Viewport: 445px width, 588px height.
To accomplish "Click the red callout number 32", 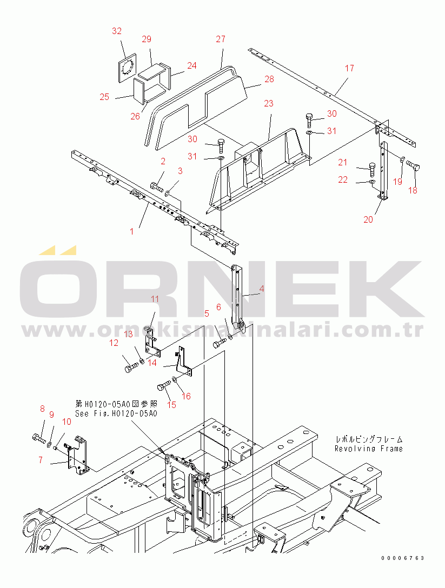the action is click(117, 31).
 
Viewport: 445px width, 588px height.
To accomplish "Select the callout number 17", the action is click(349, 68).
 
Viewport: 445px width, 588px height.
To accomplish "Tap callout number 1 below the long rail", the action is click(132, 231).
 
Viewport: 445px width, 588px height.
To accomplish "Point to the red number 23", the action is click(268, 103).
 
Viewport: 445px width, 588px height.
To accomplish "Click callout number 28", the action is click(269, 79).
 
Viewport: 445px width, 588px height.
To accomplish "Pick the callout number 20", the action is click(368, 219).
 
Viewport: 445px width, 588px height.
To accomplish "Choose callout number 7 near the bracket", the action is click(41, 460).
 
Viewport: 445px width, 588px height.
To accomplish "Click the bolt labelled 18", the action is click(413, 165).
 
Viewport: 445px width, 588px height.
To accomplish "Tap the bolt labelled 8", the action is click(38, 437).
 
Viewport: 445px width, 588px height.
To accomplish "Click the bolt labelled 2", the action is click(156, 186).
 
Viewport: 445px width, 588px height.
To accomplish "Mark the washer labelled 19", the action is click(402, 161).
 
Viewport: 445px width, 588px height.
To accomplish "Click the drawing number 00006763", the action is click(403, 558).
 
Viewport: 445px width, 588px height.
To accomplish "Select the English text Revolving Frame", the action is click(368, 449).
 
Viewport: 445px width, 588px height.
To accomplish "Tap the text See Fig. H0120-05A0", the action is click(116, 413).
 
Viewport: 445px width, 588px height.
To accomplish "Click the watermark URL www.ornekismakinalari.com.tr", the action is click(223, 330).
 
